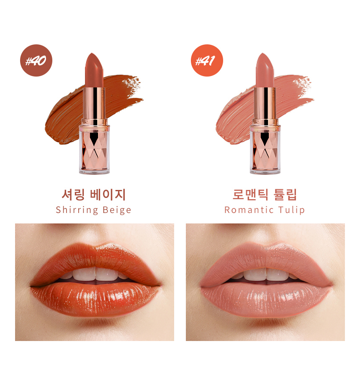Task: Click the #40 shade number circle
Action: [x=36, y=60]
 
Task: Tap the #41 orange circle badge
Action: [x=207, y=60]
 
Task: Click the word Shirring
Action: [x=77, y=210]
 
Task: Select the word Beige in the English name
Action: [x=117, y=210]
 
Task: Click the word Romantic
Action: [x=249, y=210]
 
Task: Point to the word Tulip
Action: [x=291, y=210]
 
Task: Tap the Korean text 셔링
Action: [x=73, y=195]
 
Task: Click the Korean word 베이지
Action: [x=108, y=195]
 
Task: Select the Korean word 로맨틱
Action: [x=250, y=195]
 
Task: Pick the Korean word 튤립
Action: [x=285, y=195]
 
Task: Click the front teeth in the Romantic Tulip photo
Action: [x=266, y=274]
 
